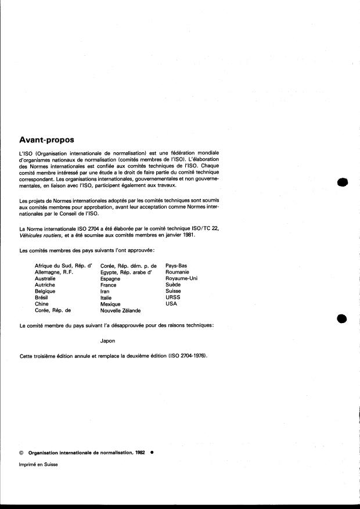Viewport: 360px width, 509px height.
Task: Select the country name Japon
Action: (108, 340)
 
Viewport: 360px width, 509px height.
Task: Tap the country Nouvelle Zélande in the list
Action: (120, 310)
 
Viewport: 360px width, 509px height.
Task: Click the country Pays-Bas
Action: (177, 266)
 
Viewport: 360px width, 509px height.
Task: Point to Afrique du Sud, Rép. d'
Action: (64, 266)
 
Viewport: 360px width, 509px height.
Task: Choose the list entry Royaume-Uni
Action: (181, 278)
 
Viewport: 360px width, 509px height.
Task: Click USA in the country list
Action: (171, 303)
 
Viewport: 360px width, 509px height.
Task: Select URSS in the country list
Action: (173, 297)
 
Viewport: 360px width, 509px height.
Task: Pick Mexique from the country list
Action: (110, 304)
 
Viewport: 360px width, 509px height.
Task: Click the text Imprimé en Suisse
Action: (39, 464)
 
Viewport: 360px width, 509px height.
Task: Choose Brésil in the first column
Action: (44, 297)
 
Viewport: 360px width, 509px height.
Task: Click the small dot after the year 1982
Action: (152, 451)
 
